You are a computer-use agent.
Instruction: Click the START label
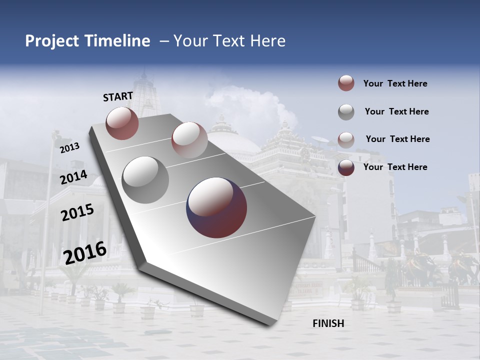click(x=118, y=96)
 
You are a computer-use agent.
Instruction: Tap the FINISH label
click(x=328, y=323)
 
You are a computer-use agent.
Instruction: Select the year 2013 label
click(x=69, y=148)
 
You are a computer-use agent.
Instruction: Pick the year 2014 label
click(x=73, y=177)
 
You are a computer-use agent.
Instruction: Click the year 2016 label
click(x=85, y=252)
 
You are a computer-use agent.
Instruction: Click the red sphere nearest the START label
click(x=122, y=123)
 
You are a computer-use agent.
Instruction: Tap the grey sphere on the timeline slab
click(x=145, y=180)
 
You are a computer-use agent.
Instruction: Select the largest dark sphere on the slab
click(x=216, y=207)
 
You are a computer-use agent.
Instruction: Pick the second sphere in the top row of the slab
click(x=189, y=140)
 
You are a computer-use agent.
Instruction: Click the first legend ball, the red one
click(x=346, y=83)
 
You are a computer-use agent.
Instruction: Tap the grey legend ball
click(x=346, y=112)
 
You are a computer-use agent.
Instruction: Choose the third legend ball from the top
click(x=346, y=140)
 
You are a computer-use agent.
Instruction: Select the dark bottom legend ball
click(x=346, y=167)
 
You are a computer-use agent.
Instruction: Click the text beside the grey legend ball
click(x=396, y=111)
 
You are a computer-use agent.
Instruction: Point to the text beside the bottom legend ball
click(x=395, y=167)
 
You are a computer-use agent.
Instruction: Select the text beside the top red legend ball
click(x=395, y=83)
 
